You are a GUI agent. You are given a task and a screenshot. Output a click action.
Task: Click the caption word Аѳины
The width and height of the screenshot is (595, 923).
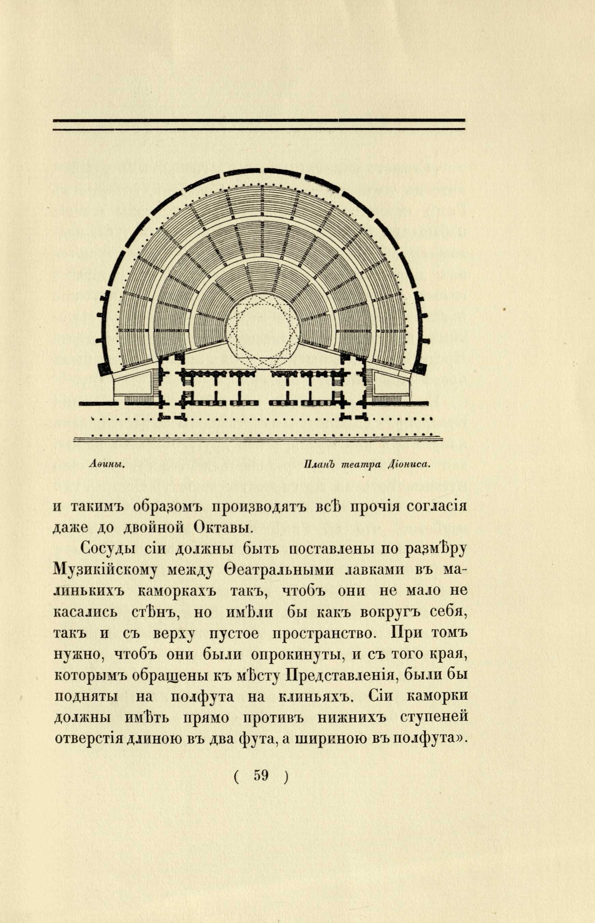(x=105, y=465)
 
